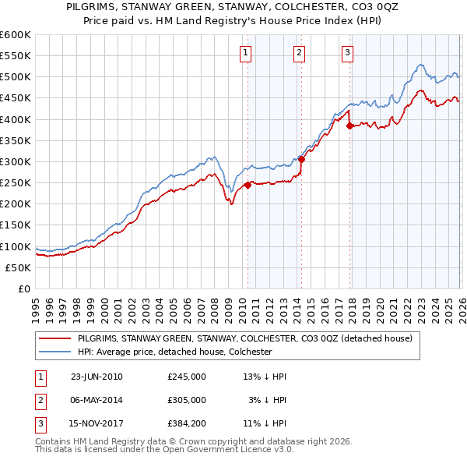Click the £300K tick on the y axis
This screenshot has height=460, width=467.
click(x=16, y=161)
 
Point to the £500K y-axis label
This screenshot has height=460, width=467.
click(x=16, y=77)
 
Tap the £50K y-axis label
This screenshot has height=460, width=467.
click(x=19, y=267)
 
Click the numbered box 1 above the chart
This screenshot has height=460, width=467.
click(x=245, y=53)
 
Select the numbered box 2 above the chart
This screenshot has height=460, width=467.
click(x=299, y=53)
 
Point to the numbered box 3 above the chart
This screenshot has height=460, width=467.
click(x=347, y=53)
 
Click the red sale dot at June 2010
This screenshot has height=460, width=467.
click(x=248, y=185)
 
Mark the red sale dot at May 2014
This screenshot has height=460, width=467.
click(x=301, y=159)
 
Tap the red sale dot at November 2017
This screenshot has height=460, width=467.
click(x=349, y=126)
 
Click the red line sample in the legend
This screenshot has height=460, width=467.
click(x=56, y=338)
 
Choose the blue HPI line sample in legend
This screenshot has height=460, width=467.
click(x=56, y=352)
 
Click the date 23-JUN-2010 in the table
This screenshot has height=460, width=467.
click(x=97, y=377)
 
